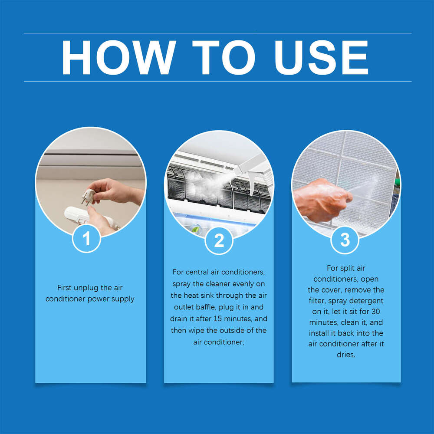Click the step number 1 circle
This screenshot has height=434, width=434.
point(86,239)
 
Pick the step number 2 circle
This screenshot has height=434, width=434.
point(219,240)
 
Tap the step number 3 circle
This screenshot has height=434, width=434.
point(345,240)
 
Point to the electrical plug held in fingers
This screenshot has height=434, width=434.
point(88,195)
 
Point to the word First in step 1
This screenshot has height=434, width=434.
point(66,288)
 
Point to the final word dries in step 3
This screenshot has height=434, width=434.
point(345,355)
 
